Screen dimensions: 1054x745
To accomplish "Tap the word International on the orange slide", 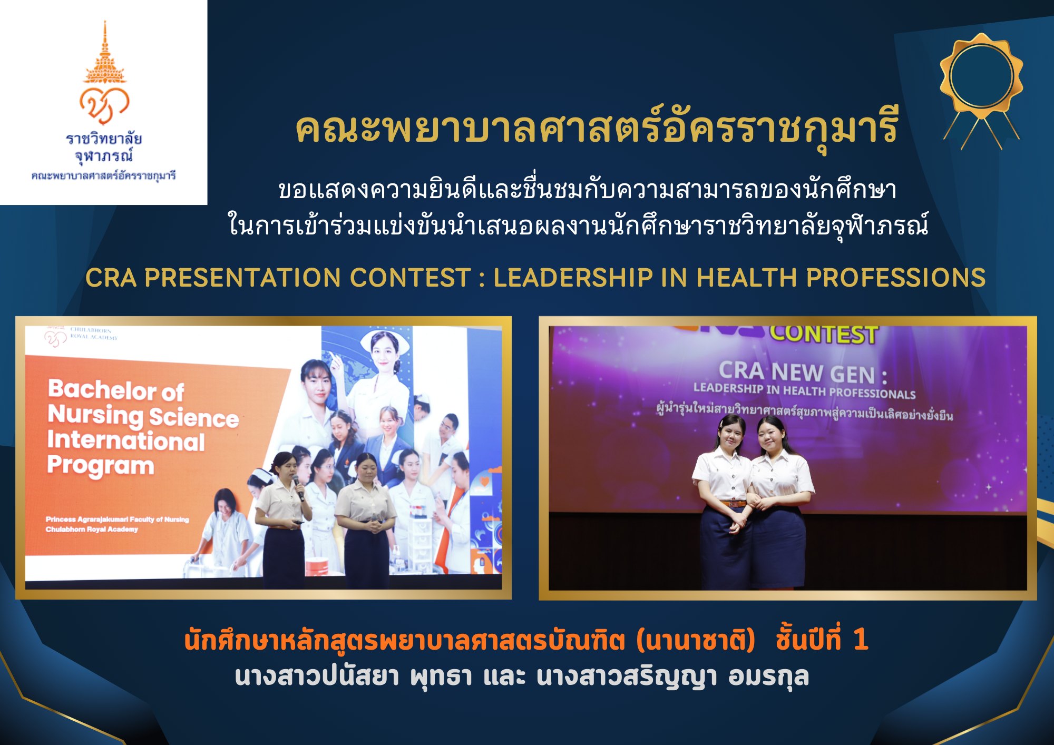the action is pyautogui.click(x=126, y=440).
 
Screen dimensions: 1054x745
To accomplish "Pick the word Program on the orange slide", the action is pyautogui.click(x=100, y=466).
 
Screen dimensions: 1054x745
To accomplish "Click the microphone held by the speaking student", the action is pyautogui.click(x=298, y=488).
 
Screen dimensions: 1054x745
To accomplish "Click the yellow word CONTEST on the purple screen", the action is pyautogui.click(x=824, y=335).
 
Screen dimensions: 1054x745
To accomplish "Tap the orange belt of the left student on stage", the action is pyautogui.click(x=728, y=503).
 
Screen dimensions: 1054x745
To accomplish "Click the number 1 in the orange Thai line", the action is pyautogui.click(x=860, y=640).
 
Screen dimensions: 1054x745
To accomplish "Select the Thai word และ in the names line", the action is pyautogui.click(x=504, y=677).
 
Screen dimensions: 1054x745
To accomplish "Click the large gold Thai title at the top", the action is pyautogui.click(x=597, y=130).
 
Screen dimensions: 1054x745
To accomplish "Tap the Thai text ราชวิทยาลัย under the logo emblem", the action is pyautogui.click(x=104, y=138).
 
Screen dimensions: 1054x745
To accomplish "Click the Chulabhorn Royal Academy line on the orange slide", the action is pyautogui.click(x=92, y=529).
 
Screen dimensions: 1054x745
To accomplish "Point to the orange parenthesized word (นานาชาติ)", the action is pyautogui.click(x=696, y=640).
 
